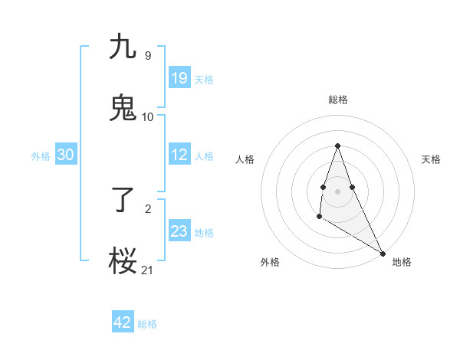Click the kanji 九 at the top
coord(123,47)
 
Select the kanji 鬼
coord(123,107)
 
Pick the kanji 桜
coord(123,260)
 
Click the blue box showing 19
coord(179,78)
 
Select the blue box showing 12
coord(179,155)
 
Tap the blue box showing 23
coord(179,231)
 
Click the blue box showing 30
coord(66,155)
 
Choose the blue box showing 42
coord(123,322)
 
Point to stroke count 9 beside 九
coord(148,56)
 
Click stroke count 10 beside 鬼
coord(148,116)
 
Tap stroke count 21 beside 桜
coord(148,270)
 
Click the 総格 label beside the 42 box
coord(147,324)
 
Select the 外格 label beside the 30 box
coord(41,156)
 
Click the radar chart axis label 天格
coord(432,159)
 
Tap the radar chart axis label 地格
coord(402,262)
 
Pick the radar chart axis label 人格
coord(245,159)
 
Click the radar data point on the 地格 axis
coord(383,253)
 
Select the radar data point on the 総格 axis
coord(337,146)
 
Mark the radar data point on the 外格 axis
coord(319,217)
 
